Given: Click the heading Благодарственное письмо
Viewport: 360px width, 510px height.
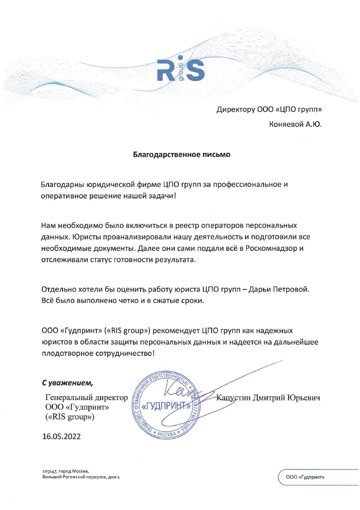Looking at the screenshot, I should click(x=182, y=155).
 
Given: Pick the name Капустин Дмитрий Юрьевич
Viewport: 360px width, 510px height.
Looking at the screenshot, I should click(x=268, y=398).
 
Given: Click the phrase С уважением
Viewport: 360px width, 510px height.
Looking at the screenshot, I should click(x=67, y=383).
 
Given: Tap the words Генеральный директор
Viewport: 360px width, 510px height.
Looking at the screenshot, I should click(x=87, y=398).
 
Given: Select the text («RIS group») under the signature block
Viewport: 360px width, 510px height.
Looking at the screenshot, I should click(x=70, y=417).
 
